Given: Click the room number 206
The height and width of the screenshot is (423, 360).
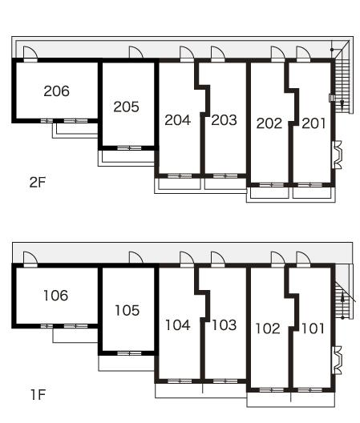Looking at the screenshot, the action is pos(56,91).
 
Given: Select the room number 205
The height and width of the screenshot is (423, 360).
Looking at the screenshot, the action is pos(126,107).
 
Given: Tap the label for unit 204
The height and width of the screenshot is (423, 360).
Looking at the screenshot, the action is pos(178,120).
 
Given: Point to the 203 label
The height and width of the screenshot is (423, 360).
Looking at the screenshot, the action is pos(224,120).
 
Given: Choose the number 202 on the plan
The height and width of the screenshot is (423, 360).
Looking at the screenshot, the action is pos(269,123).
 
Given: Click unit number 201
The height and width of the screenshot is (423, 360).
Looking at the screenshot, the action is pos(313,123).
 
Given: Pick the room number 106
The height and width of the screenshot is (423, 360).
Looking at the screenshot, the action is pos(55,296).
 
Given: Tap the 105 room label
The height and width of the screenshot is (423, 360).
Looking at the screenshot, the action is pos(127,311).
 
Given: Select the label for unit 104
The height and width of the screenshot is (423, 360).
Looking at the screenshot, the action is pos(178,325).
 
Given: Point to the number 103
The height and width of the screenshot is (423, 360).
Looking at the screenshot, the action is pos(224,325).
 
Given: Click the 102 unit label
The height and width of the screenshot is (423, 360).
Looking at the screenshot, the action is pos(268,328).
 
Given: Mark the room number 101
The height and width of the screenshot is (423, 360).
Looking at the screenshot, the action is pos(313,328).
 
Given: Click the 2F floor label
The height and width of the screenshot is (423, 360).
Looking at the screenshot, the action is pos(38,183).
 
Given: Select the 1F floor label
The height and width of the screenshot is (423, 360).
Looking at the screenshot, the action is pos(38,395).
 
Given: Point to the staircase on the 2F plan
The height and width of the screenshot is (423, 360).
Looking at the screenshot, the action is pos(342,83).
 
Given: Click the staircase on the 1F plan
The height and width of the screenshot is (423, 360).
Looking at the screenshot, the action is pos(342,300).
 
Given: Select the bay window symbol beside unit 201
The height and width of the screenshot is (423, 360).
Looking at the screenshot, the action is pos(337,155).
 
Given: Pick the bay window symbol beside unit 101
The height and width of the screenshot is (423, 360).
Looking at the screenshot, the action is pos(337,361).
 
